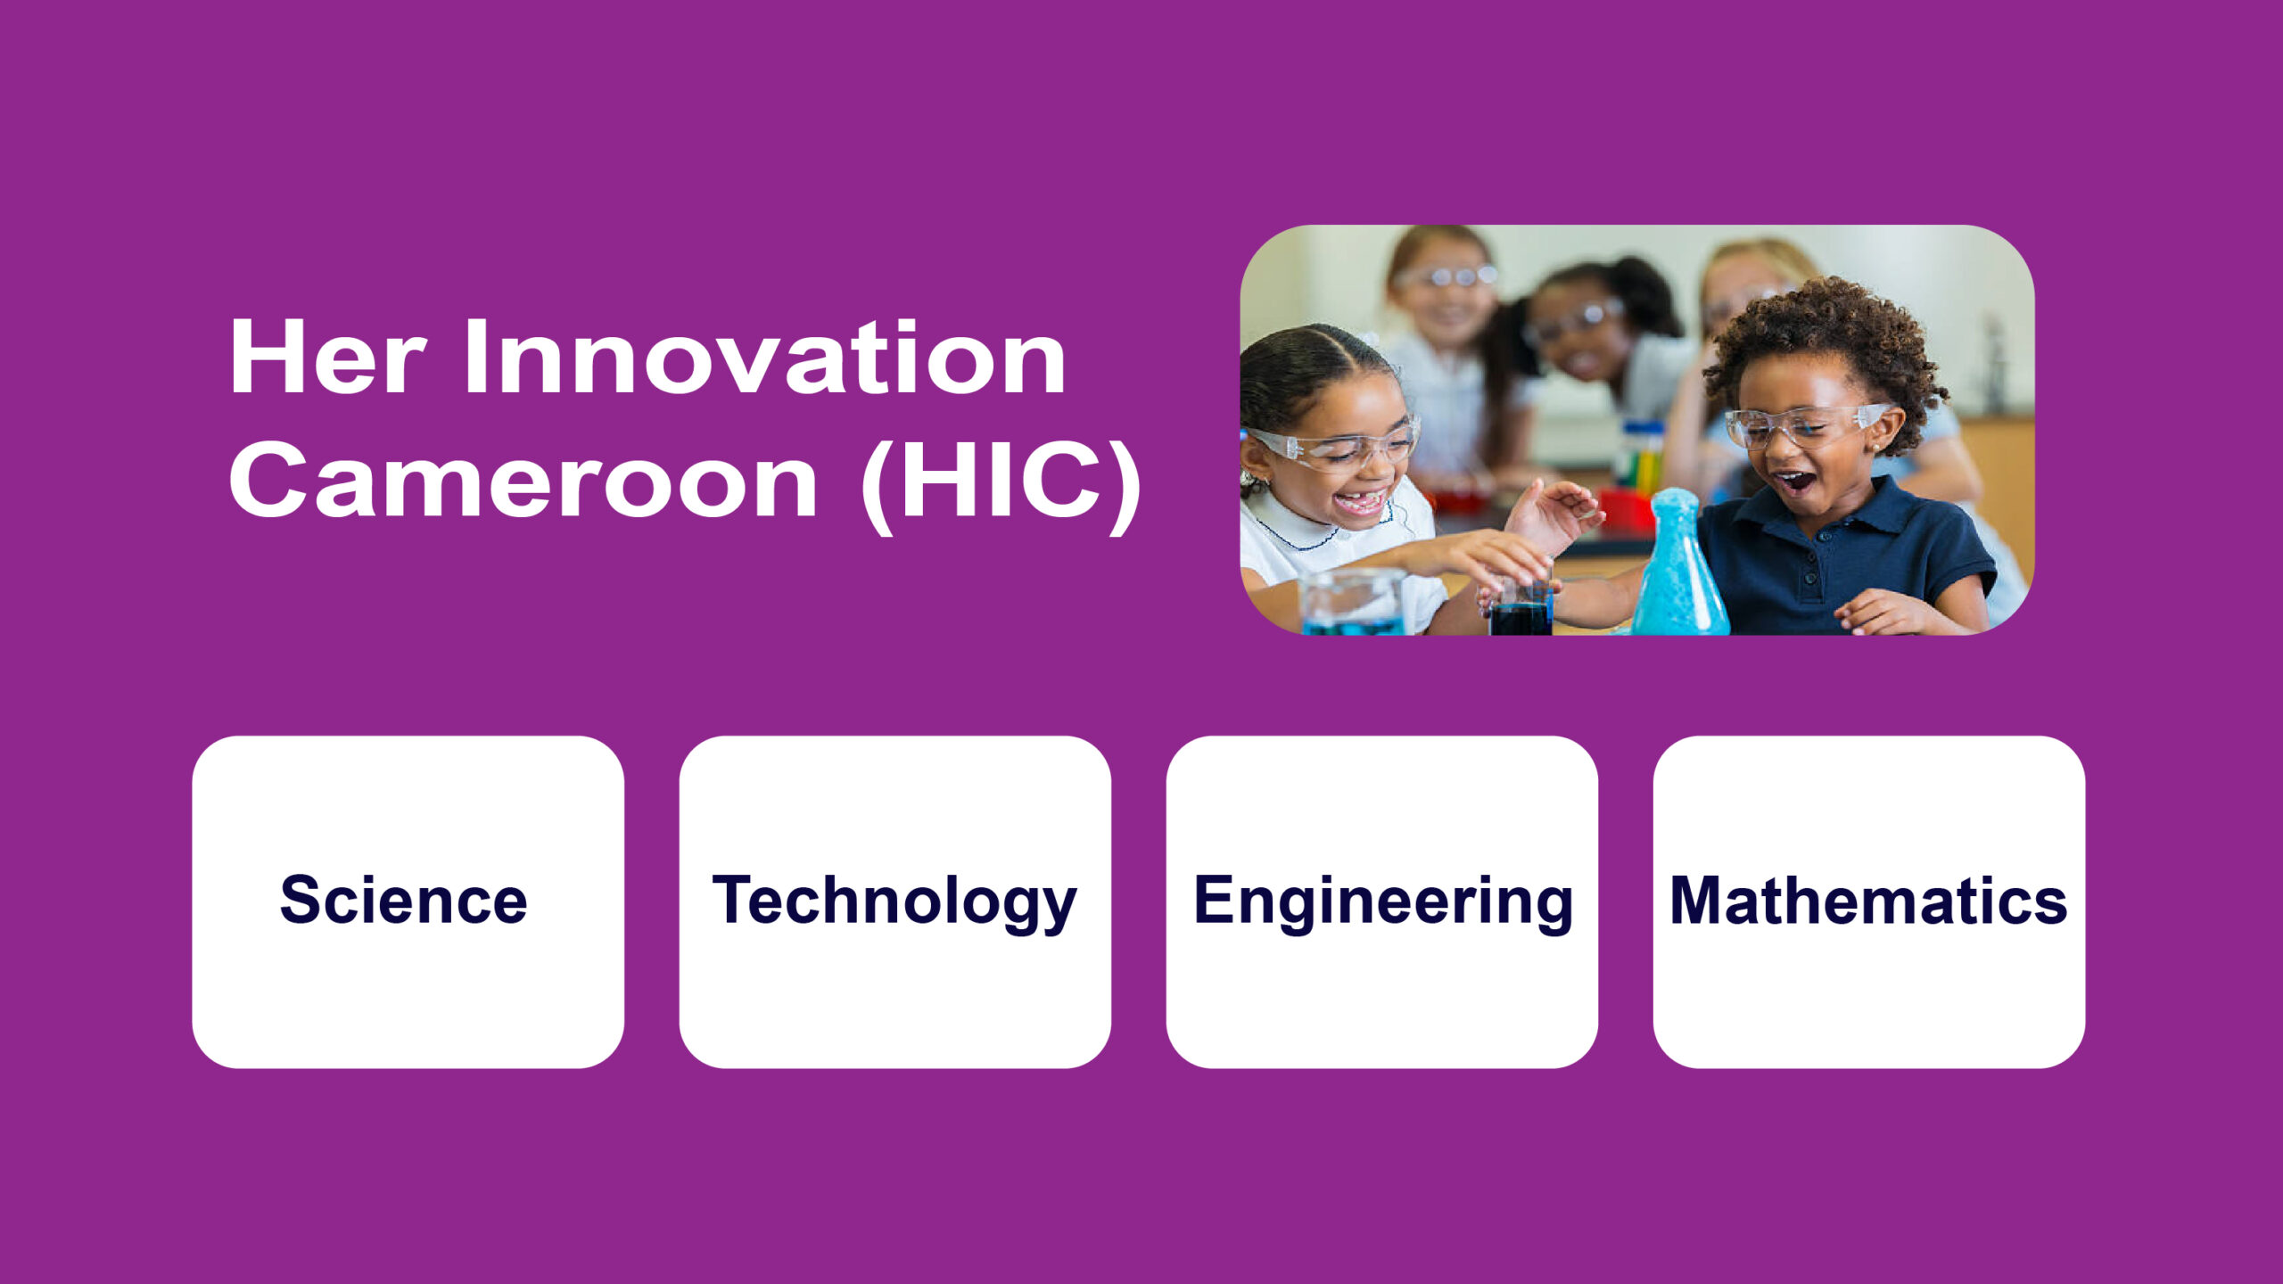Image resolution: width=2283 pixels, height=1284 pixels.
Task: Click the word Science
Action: (x=403, y=900)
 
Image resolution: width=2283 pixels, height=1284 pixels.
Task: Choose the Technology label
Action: (x=894, y=902)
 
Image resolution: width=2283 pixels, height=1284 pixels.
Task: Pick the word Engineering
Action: (x=1383, y=902)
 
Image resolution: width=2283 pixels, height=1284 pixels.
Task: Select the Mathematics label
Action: (x=1868, y=900)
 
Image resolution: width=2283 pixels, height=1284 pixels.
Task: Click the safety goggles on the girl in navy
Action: (x=1806, y=425)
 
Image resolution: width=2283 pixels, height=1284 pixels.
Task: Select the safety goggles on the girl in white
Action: (x=1333, y=446)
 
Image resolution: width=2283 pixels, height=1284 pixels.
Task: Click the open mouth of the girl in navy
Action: (x=1794, y=482)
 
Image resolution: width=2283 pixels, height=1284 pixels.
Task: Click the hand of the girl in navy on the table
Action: (x=1882, y=613)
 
